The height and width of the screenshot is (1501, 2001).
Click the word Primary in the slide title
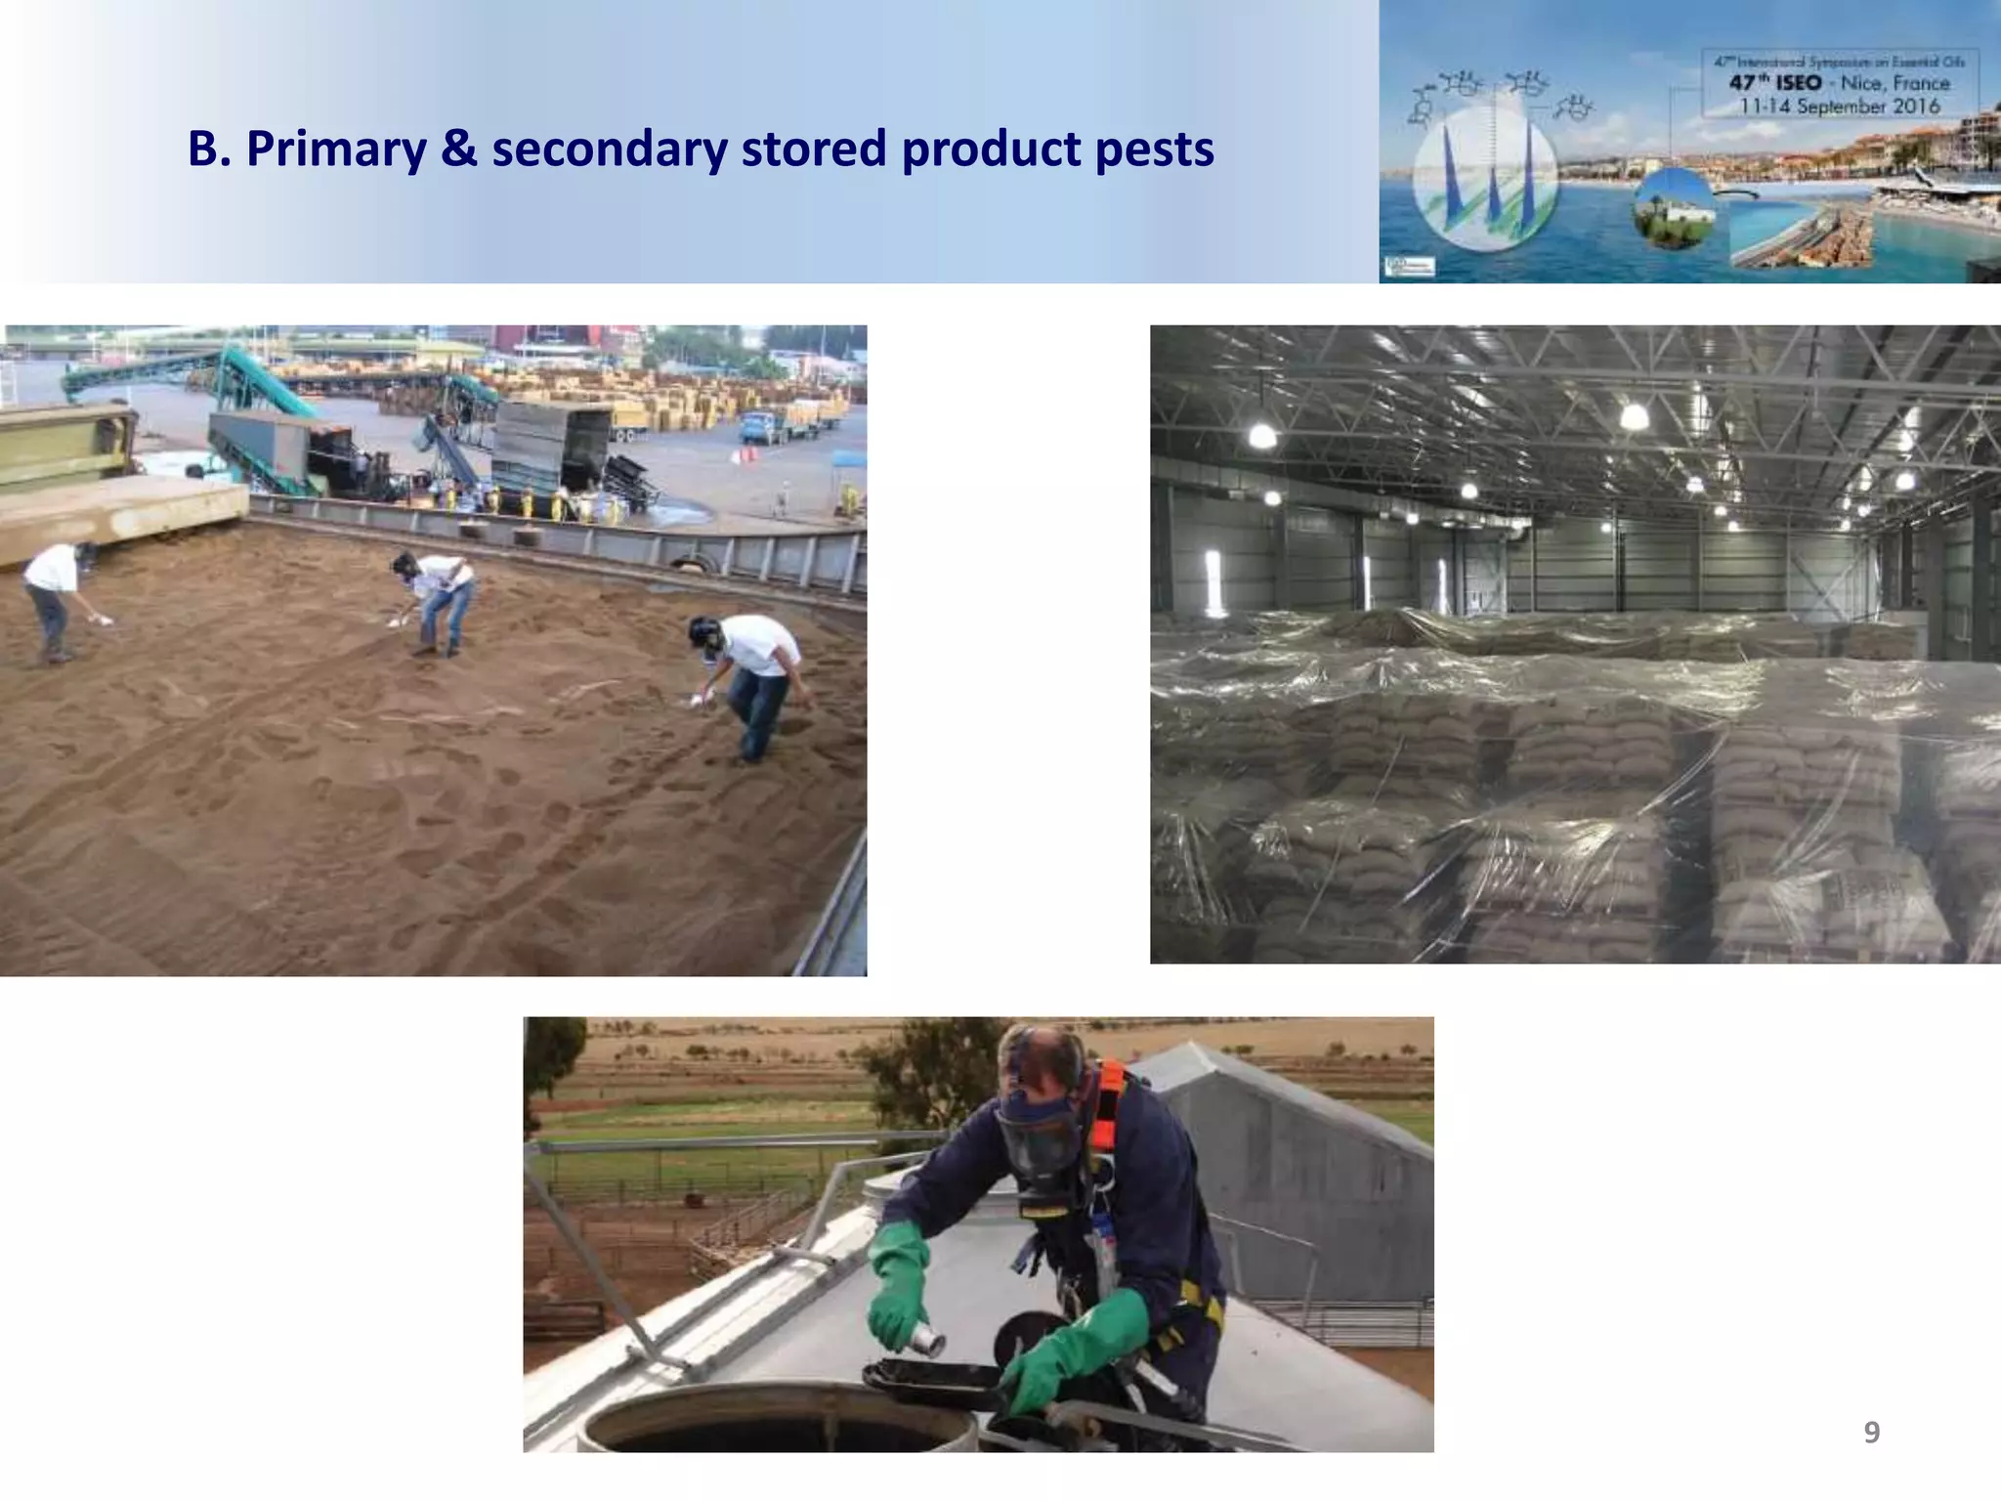[x=336, y=150]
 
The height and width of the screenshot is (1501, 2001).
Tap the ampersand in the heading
[x=458, y=150]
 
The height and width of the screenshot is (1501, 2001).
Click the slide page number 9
[x=1871, y=1433]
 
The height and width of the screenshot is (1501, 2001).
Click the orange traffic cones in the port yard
[x=746, y=456]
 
